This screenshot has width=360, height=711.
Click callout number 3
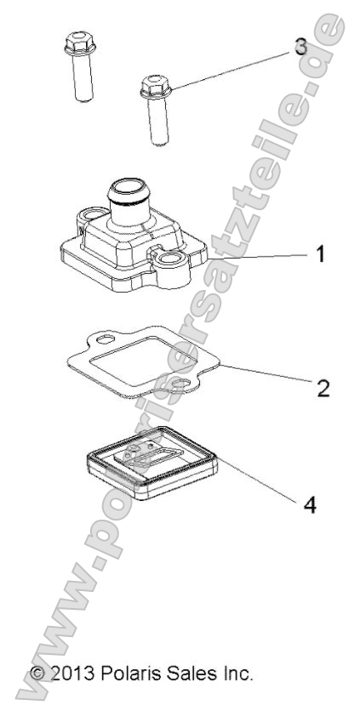click(x=300, y=47)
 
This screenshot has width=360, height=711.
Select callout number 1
click(x=321, y=254)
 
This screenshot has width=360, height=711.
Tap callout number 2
click(x=323, y=389)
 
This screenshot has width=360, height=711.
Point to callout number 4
click(x=309, y=504)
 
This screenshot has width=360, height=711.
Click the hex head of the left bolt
click(x=80, y=43)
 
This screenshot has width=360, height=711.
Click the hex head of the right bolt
click(x=156, y=87)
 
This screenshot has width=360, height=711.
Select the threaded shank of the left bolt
click(x=83, y=77)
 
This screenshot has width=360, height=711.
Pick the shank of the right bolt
click(x=158, y=121)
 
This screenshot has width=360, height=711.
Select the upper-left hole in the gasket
click(x=106, y=339)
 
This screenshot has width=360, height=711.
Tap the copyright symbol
click(x=38, y=674)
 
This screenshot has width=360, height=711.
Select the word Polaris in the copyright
click(x=130, y=674)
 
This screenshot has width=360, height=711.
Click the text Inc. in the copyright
click(x=237, y=674)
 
